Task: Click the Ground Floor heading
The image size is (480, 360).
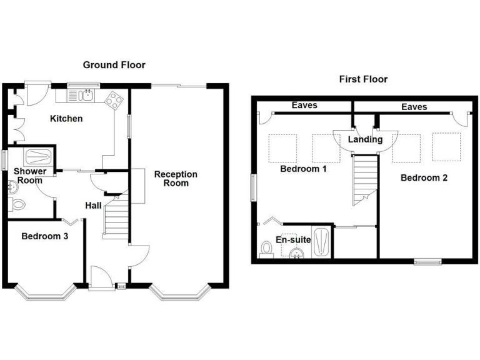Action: [x=114, y=65]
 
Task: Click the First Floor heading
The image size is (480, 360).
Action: [x=363, y=79]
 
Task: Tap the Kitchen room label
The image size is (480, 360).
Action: [x=66, y=118]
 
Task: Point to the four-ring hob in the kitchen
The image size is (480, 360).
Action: [x=114, y=99]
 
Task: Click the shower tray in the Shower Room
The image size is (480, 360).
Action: [x=39, y=156]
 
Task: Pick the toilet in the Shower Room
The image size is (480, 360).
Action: [x=17, y=203]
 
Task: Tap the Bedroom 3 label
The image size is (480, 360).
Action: [x=44, y=236]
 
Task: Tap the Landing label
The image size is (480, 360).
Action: [x=365, y=139]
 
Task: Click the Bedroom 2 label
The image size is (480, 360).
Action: [x=424, y=177]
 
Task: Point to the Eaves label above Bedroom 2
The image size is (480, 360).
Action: [x=414, y=107]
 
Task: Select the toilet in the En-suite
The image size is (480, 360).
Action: [x=266, y=249]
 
